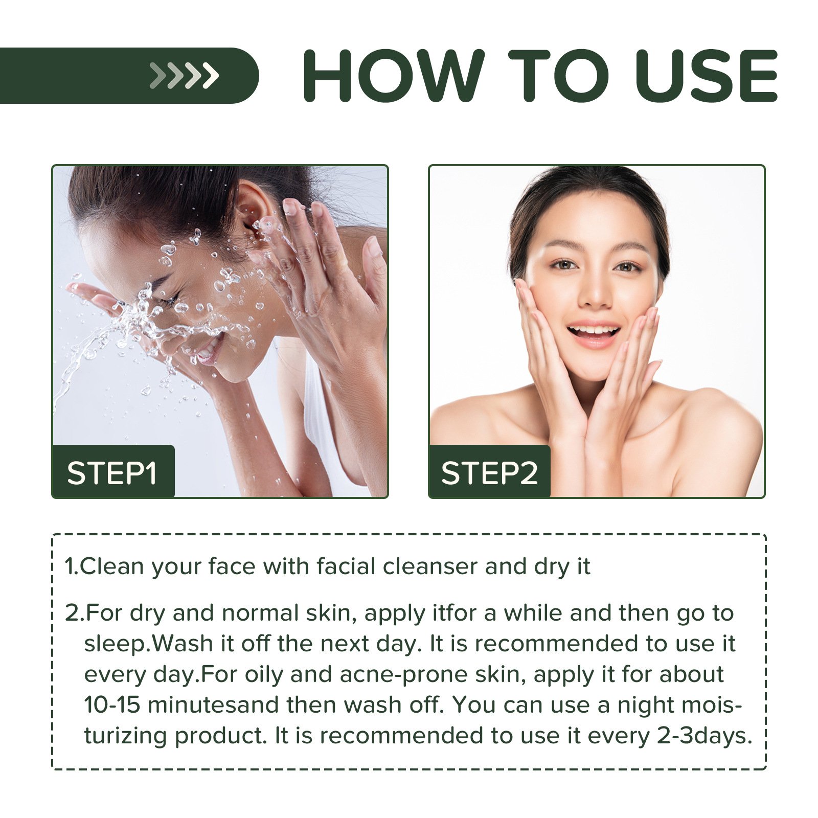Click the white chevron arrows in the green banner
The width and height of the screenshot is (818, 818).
pos(184,76)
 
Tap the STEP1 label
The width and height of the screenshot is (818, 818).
pos(112,473)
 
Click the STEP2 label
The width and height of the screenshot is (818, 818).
pos(489,473)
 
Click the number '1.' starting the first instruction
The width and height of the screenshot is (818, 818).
pos(71,566)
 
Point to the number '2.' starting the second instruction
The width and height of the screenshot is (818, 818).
pos(74,613)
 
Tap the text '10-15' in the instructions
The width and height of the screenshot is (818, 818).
pos(112,705)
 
